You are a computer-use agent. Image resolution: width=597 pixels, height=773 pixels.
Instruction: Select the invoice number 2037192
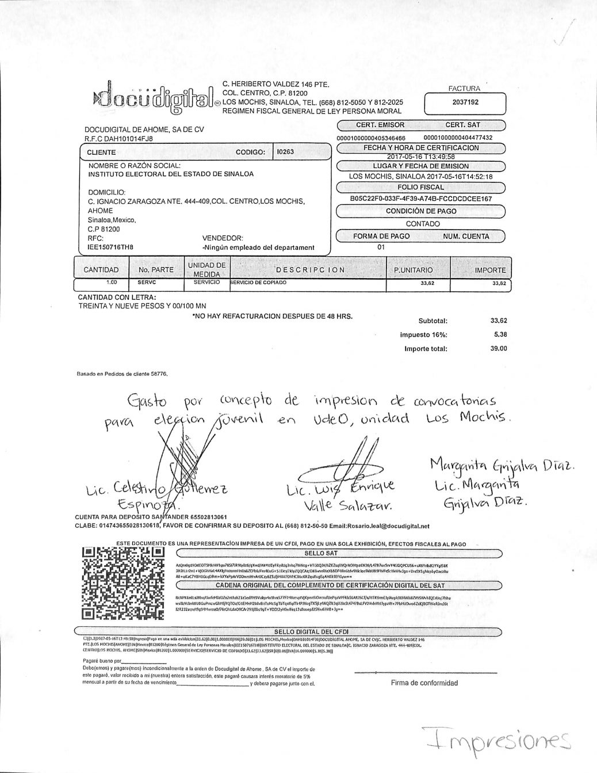(465, 103)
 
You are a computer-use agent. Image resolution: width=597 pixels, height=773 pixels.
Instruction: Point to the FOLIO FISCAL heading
(420, 187)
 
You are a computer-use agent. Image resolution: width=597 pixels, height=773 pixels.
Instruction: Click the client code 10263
(285, 152)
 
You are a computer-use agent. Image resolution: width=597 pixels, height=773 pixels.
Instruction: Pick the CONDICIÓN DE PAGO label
(420, 211)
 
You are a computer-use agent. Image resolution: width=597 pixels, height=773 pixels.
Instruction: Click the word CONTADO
(423, 224)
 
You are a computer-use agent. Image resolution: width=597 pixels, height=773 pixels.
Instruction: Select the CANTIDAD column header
(101, 270)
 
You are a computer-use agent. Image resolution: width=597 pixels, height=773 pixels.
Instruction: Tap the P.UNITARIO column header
(413, 270)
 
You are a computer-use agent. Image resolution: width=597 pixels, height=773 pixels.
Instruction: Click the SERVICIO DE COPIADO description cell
(258, 283)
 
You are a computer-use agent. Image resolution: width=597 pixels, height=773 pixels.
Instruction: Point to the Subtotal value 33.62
(499, 321)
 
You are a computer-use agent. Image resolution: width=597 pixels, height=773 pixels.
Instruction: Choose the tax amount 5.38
(500, 334)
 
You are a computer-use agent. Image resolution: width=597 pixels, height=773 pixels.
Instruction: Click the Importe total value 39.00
(499, 348)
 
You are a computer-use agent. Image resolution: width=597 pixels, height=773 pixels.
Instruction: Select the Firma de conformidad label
(424, 683)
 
